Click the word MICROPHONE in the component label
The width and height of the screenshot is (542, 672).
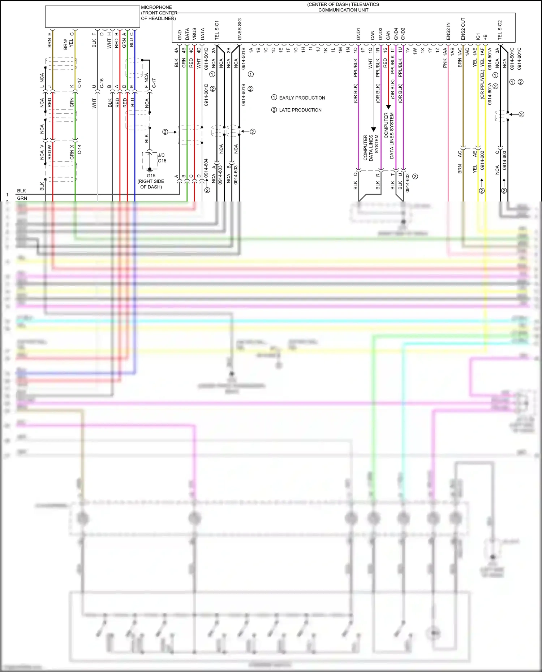click(156, 7)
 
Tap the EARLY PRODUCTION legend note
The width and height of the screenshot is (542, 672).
click(302, 98)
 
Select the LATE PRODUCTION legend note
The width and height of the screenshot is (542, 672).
click(300, 110)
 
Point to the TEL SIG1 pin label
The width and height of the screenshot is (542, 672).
click(217, 30)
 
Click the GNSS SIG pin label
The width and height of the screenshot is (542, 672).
click(239, 29)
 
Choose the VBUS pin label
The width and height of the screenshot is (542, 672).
click(194, 34)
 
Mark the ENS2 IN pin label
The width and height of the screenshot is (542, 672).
click(448, 31)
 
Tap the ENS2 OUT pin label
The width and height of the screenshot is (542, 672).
click(463, 29)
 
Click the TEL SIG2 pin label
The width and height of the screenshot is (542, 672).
click(500, 30)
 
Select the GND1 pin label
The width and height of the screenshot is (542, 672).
click(358, 34)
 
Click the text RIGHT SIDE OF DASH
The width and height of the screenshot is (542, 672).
click(151, 184)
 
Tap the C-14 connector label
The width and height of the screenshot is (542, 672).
click(79, 149)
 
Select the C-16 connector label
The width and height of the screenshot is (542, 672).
click(102, 83)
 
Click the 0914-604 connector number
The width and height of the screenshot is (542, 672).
click(206, 168)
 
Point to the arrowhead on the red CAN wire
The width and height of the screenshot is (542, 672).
click(388, 107)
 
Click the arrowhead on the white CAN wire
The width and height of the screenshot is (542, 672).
click(374, 129)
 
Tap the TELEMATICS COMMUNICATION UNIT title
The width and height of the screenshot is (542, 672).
click(343, 7)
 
